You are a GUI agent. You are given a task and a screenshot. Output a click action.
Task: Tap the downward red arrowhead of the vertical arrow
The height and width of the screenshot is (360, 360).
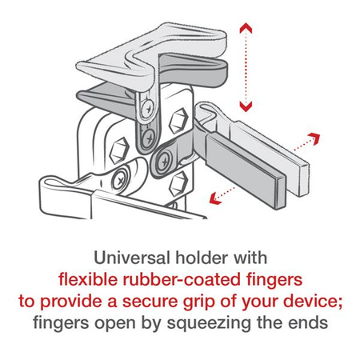coord(246,106)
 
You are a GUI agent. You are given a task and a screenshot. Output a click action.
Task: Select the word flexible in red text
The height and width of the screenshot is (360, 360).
coord(91,281)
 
